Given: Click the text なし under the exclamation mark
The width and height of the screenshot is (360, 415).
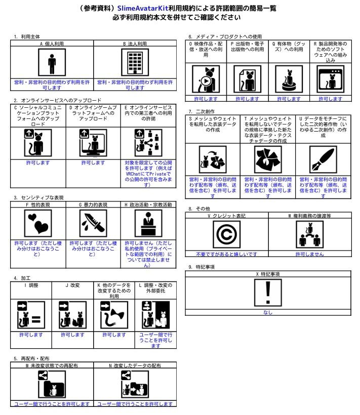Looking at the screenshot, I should pos(268,312).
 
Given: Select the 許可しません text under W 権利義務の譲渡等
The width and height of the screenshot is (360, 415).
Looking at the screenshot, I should pos(309,254).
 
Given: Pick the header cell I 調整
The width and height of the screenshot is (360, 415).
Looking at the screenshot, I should pos(31,285).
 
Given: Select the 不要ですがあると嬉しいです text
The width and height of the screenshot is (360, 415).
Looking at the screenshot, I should pos(226,254).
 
